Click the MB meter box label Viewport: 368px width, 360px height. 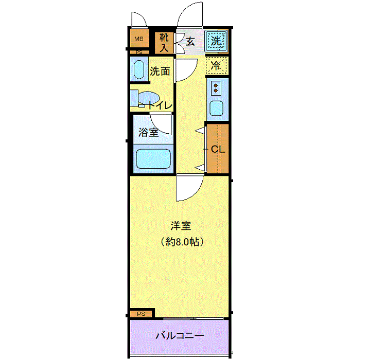coord(138,39)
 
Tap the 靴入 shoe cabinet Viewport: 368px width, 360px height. coord(164,43)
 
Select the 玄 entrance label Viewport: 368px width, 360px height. coord(190,42)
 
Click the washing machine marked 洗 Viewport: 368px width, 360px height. coord(216,41)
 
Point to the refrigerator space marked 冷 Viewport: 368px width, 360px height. coord(216,65)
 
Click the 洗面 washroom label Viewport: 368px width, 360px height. coord(160,71)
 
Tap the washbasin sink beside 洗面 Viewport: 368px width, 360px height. coord(138,69)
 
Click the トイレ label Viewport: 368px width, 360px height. coord(160,105)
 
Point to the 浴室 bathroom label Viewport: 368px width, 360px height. coord(149,132)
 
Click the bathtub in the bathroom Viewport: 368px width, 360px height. coord(153,158)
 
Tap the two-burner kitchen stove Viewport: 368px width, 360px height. coord(216,88)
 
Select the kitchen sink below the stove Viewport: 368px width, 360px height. coord(216,108)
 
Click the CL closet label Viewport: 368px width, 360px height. coord(218,149)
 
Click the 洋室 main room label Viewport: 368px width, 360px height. coord(181,226)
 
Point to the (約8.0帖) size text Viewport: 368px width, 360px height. coord(182,242)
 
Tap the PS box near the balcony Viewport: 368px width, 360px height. coord(142,314)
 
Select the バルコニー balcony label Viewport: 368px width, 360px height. coord(180,336)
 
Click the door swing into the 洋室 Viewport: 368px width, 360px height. coord(189,188)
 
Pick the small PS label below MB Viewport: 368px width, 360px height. coord(139,52)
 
